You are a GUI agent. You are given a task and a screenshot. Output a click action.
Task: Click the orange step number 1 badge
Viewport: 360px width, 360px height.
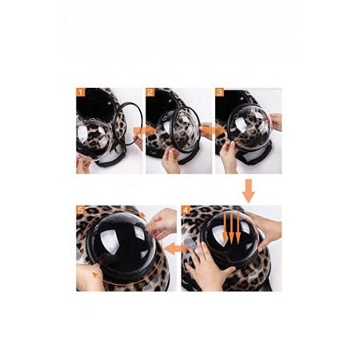[x=81, y=92]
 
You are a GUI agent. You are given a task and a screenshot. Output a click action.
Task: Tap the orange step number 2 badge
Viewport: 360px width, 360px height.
[x=150, y=92]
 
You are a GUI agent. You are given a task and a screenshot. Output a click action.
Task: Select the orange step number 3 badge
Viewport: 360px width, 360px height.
[x=220, y=92]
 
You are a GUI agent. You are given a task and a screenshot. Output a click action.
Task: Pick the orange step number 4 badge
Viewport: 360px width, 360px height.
[x=186, y=210]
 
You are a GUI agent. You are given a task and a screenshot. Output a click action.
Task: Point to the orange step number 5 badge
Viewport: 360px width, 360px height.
[x=81, y=210]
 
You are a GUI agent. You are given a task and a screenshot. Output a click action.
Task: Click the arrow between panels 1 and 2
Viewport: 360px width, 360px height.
[x=145, y=131]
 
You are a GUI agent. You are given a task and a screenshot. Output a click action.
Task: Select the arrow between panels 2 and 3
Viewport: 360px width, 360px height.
[x=213, y=130]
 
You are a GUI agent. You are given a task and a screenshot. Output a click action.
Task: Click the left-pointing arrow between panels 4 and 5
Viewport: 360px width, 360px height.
[x=176, y=249]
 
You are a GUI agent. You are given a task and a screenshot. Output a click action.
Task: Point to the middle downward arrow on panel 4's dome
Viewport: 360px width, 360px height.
[x=231, y=227]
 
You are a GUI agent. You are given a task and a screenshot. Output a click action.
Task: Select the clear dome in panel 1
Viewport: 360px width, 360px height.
[x=94, y=138]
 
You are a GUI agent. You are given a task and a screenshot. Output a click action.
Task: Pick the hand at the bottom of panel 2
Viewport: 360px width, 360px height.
[x=170, y=161]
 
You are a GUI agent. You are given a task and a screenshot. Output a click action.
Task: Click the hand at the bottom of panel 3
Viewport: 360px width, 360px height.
[x=229, y=158]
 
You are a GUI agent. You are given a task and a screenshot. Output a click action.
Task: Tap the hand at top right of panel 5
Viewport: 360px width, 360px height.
[x=162, y=222]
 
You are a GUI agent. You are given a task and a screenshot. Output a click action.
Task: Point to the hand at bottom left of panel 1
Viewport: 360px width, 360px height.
[x=83, y=164]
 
